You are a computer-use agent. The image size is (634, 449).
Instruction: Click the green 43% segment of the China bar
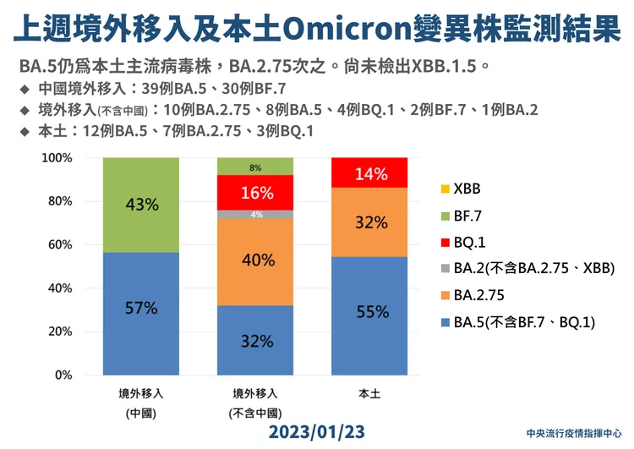pyautogui.click(x=140, y=205)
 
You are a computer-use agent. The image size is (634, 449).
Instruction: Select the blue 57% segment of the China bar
pyautogui.click(x=140, y=313)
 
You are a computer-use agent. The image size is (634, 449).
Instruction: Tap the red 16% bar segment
pyautogui.click(x=256, y=192)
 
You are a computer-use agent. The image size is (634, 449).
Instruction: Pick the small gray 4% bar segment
pyautogui.click(x=256, y=214)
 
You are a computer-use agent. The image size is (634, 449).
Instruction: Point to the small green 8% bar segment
pyautogui.click(x=256, y=167)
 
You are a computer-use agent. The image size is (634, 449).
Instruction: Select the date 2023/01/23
pyautogui.click(x=316, y=431)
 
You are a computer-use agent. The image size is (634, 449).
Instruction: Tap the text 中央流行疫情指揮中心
pyautogui.click(x=573, y=430)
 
